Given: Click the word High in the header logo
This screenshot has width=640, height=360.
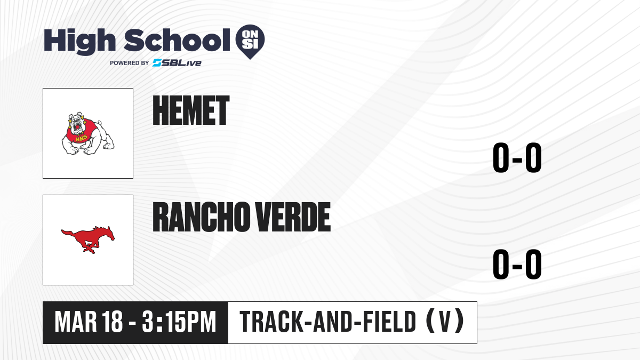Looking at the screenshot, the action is tap(79, 41).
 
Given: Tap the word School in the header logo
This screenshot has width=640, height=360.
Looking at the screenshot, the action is tap(177, 40).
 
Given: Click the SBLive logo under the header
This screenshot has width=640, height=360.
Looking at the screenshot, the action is tap(177, 63).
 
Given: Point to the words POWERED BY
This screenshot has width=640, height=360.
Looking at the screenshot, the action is tap(129, 63).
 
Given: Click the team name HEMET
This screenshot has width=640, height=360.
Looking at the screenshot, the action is tap(191, 110).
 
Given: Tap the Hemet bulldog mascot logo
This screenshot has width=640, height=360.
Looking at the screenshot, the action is tap(88, 133).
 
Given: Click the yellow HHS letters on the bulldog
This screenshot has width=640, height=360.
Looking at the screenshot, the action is tap(82, 138).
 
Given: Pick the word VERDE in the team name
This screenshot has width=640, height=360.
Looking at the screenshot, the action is tap(293, 217).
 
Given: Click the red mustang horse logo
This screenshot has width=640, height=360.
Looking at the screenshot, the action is tap(88, 239).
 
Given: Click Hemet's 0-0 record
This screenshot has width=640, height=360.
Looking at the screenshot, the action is tap(517, 157).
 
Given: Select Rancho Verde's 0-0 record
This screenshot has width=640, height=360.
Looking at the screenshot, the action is tap(517, 264).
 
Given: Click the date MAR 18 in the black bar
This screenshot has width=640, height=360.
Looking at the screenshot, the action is tap(89, 322).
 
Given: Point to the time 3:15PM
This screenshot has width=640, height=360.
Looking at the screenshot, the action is tap(179, 322).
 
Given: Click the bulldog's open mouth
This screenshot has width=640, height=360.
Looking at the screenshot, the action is tap(77, 126).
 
